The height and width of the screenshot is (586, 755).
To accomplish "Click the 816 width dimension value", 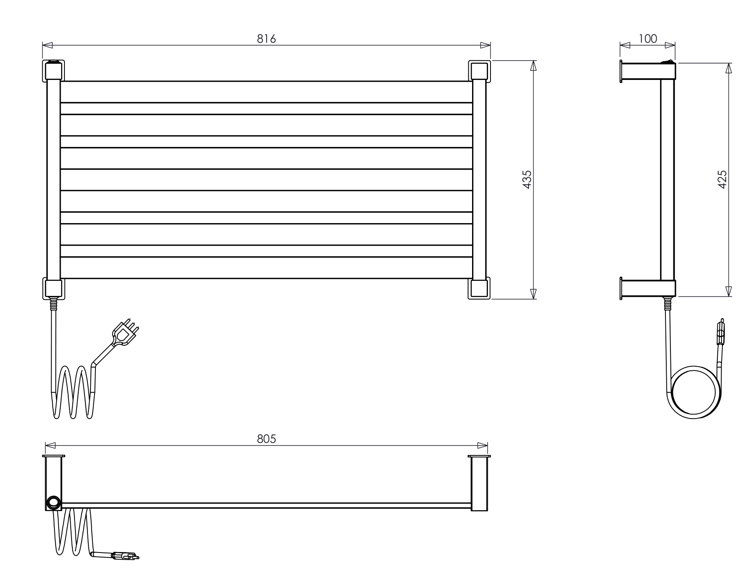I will [267, 39].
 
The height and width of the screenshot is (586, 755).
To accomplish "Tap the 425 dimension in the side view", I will [722, 179].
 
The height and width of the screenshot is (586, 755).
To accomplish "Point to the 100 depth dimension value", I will [648, 39].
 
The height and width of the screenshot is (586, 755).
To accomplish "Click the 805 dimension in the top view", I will [267, 439].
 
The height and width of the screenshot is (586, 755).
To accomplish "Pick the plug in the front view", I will [124, 333].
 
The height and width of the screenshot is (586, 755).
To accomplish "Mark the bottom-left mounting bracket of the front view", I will [54, 288].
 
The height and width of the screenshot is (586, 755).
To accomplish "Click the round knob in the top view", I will [53, 502].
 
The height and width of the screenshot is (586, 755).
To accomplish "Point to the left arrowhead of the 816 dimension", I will [47, 45].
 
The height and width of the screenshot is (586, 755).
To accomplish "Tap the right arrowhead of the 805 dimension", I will [483, 445].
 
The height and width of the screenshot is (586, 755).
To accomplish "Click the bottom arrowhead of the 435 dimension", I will [533, 294].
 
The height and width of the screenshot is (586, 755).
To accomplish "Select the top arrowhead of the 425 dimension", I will [729, 68].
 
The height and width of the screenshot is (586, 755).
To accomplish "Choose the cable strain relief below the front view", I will [54, 303].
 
